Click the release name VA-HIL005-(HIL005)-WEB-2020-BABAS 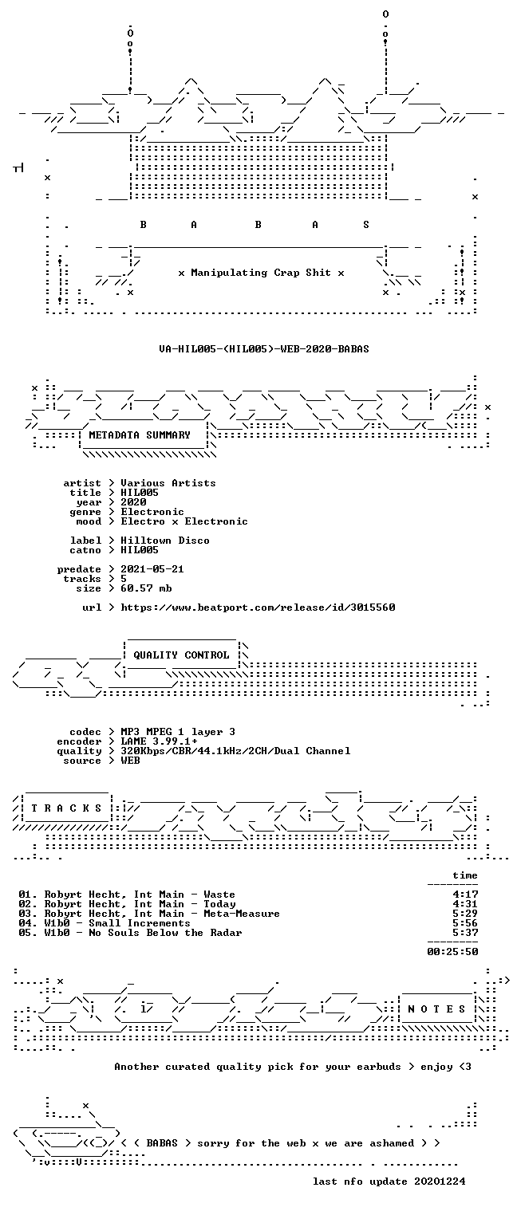264,348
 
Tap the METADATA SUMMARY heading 140,435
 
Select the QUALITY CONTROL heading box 181,655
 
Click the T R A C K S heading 66,808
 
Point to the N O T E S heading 436,1009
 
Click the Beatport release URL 258,607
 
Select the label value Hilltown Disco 165,541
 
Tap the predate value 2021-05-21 152,569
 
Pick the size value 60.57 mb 146,588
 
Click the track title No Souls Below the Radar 165,933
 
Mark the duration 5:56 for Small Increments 465,923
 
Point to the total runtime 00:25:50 452,951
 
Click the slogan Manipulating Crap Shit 261,273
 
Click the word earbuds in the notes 379,1067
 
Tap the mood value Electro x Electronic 184,521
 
